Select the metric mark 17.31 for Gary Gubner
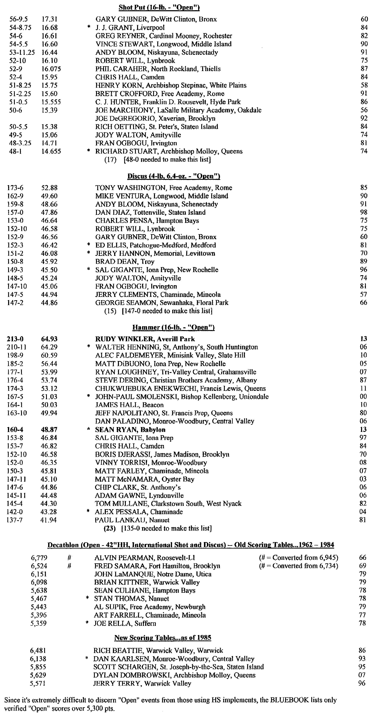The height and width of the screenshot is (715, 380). click(x=49, y=19)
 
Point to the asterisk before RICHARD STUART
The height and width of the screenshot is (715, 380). click(x=89, y=151)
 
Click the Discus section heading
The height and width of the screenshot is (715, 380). click(x=174, y=176)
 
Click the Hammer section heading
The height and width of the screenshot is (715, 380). click(x=174, y=327)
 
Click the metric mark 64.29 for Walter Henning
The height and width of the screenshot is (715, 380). click(x=49, y=347)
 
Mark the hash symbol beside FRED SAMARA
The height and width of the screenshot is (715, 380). click(x=69, y=566)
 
